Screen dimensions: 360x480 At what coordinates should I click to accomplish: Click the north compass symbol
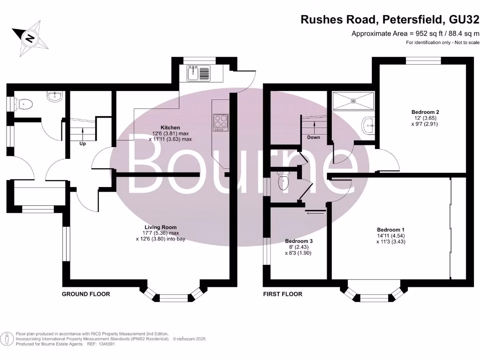30,37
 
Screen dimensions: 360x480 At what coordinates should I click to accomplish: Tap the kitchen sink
199,73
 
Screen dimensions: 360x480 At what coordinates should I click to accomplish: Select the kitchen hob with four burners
220,121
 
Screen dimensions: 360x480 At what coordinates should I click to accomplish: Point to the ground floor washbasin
54,97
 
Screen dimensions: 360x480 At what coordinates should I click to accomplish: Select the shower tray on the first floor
353,100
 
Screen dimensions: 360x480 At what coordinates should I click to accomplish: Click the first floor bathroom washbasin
368,125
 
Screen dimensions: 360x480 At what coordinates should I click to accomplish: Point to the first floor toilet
283,181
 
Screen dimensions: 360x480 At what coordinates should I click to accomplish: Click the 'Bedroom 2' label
425,112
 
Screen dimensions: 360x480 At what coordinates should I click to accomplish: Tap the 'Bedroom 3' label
299,241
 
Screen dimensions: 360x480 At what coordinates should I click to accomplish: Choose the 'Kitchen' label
170,127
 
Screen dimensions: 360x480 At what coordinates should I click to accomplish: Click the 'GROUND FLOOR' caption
86,294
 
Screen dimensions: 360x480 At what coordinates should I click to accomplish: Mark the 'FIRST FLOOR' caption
283,294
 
